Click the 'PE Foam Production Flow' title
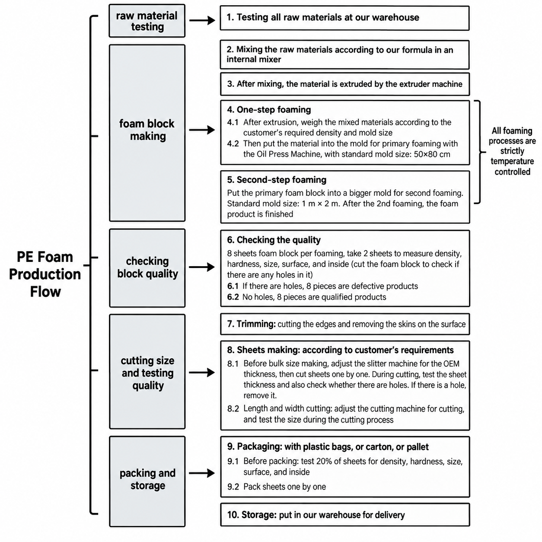coord(45,274)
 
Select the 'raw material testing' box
coord(147,21)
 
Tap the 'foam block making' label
coord(147,130)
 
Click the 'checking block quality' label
coord(148,267)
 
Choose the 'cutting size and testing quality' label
coord(148,373)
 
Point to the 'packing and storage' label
coord(148,479)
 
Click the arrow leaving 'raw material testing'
coord(202,20)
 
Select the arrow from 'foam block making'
coord(202,130)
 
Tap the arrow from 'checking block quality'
coord(202,267)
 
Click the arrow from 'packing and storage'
coord(202,473)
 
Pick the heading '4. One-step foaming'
coord(269,110)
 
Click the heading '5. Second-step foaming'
coord(277,180)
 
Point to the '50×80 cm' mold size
coord(432,154)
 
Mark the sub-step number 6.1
coord(233,286)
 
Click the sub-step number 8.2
coord(233,409)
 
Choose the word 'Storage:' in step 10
coord(259,515)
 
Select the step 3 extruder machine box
coord(345,84)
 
